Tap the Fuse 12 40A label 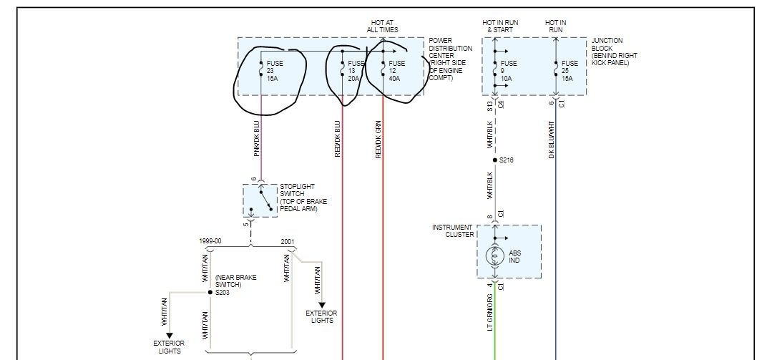point(396,70)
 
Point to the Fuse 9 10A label point(509,70)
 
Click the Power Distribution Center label point(450,59)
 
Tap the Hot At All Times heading point(383,26)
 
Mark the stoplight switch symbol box point(260,200)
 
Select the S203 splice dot point(209,293)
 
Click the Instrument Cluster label point(452,231)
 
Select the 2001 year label point(288,241)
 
